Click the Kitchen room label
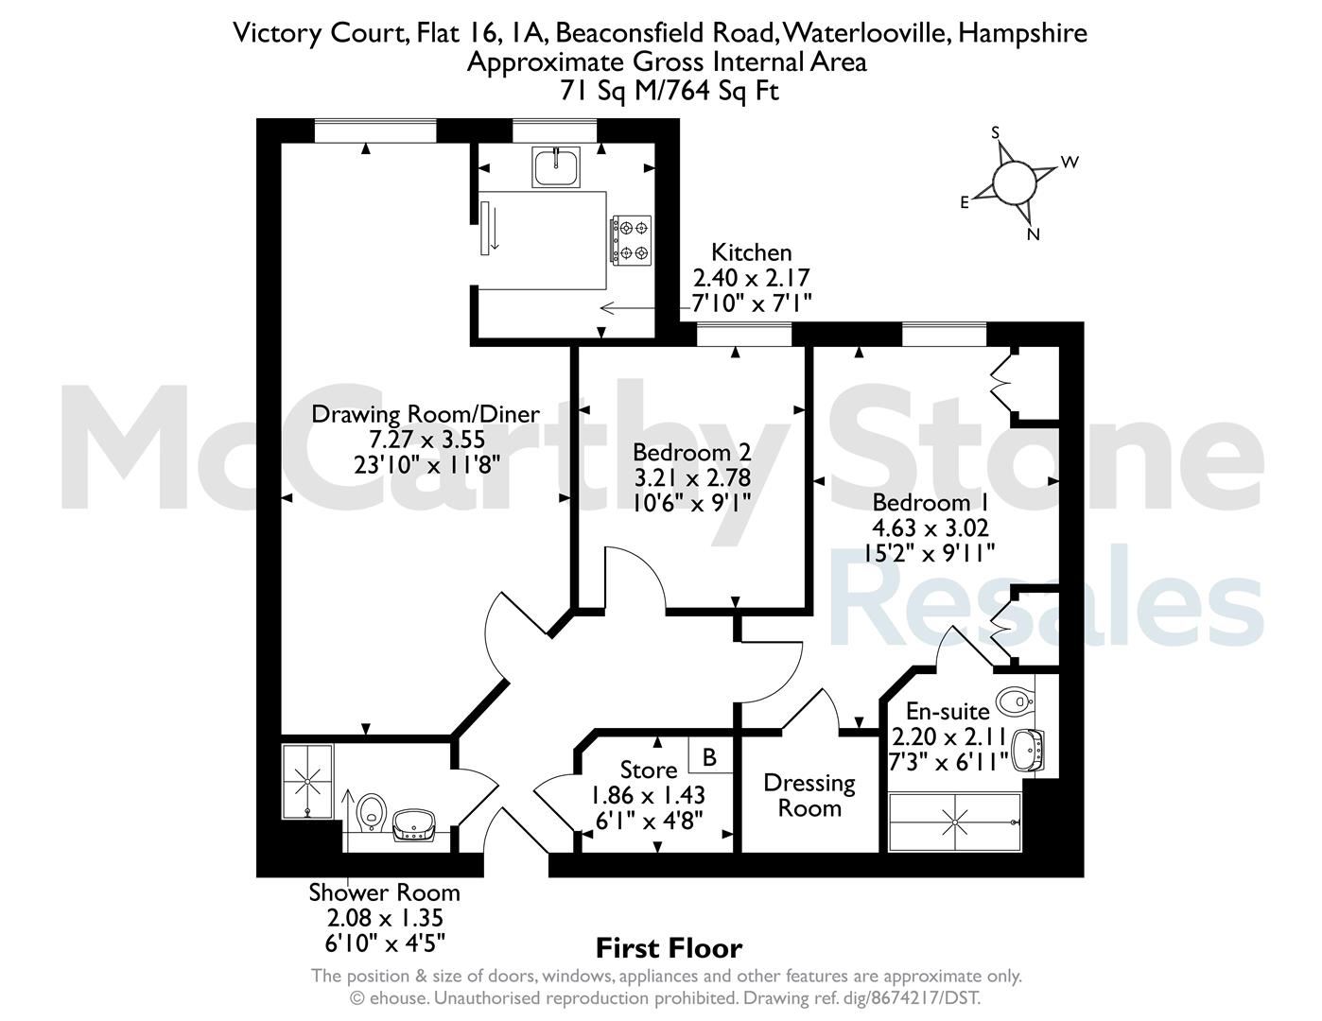[752, 252]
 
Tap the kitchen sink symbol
[556, 166]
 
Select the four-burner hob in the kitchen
[632, 240]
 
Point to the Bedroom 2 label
[691, 453]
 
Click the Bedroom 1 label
[931, 502]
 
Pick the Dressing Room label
[809, 795]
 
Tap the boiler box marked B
[710, 756]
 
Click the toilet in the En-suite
[1016, 701]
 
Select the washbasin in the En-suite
[1028, 751]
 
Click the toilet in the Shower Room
[372, 813]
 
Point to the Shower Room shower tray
[308, 781]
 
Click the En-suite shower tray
[954, 822]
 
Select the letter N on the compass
[1033, 234]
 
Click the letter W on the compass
[1070, 162]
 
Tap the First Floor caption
[670, 948]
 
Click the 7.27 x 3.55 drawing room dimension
[427, 439]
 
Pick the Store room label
[649, 770]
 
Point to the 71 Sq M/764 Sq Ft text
[670, 91]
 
